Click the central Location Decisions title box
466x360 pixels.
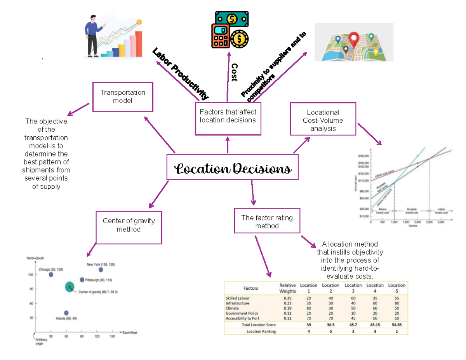(233, 167)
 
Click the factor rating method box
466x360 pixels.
(267, 221)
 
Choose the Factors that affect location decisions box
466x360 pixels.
(228, 118)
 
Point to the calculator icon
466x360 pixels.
(220, 36)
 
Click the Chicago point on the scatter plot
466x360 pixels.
(51, 275)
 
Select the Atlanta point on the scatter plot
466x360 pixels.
(66, 313)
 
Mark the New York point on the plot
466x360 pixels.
(101, 270)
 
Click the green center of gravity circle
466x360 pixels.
(70, 287)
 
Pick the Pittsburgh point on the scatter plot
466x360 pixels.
(82, 280)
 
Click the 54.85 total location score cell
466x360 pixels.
(396, 324)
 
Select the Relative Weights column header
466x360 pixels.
(288, 288)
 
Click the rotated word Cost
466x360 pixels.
(234, 73)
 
